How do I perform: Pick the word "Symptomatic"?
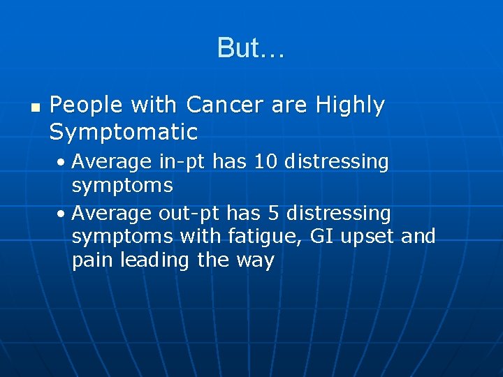(124, 131)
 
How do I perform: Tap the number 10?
(264, 162)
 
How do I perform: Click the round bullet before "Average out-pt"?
(62, 212)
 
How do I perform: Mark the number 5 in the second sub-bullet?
(275, 212)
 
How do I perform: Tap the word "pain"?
(93, 261)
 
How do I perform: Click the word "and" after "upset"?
(418, 236)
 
